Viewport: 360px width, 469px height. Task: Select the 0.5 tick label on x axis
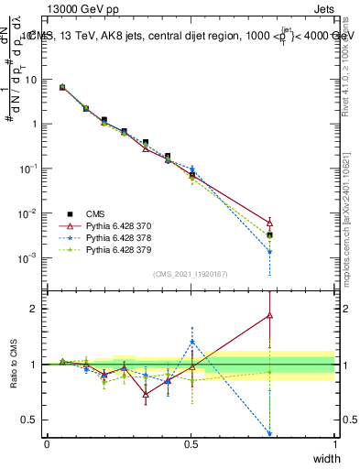(191, 443)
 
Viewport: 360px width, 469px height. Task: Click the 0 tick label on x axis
(47, 443)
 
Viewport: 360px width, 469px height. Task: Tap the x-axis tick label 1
(334, 443)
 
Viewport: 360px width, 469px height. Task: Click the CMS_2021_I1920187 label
(191, 274)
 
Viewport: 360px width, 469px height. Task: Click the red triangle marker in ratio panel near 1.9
(269, 315)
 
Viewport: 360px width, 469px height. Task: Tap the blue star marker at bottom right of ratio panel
(269, 433)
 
